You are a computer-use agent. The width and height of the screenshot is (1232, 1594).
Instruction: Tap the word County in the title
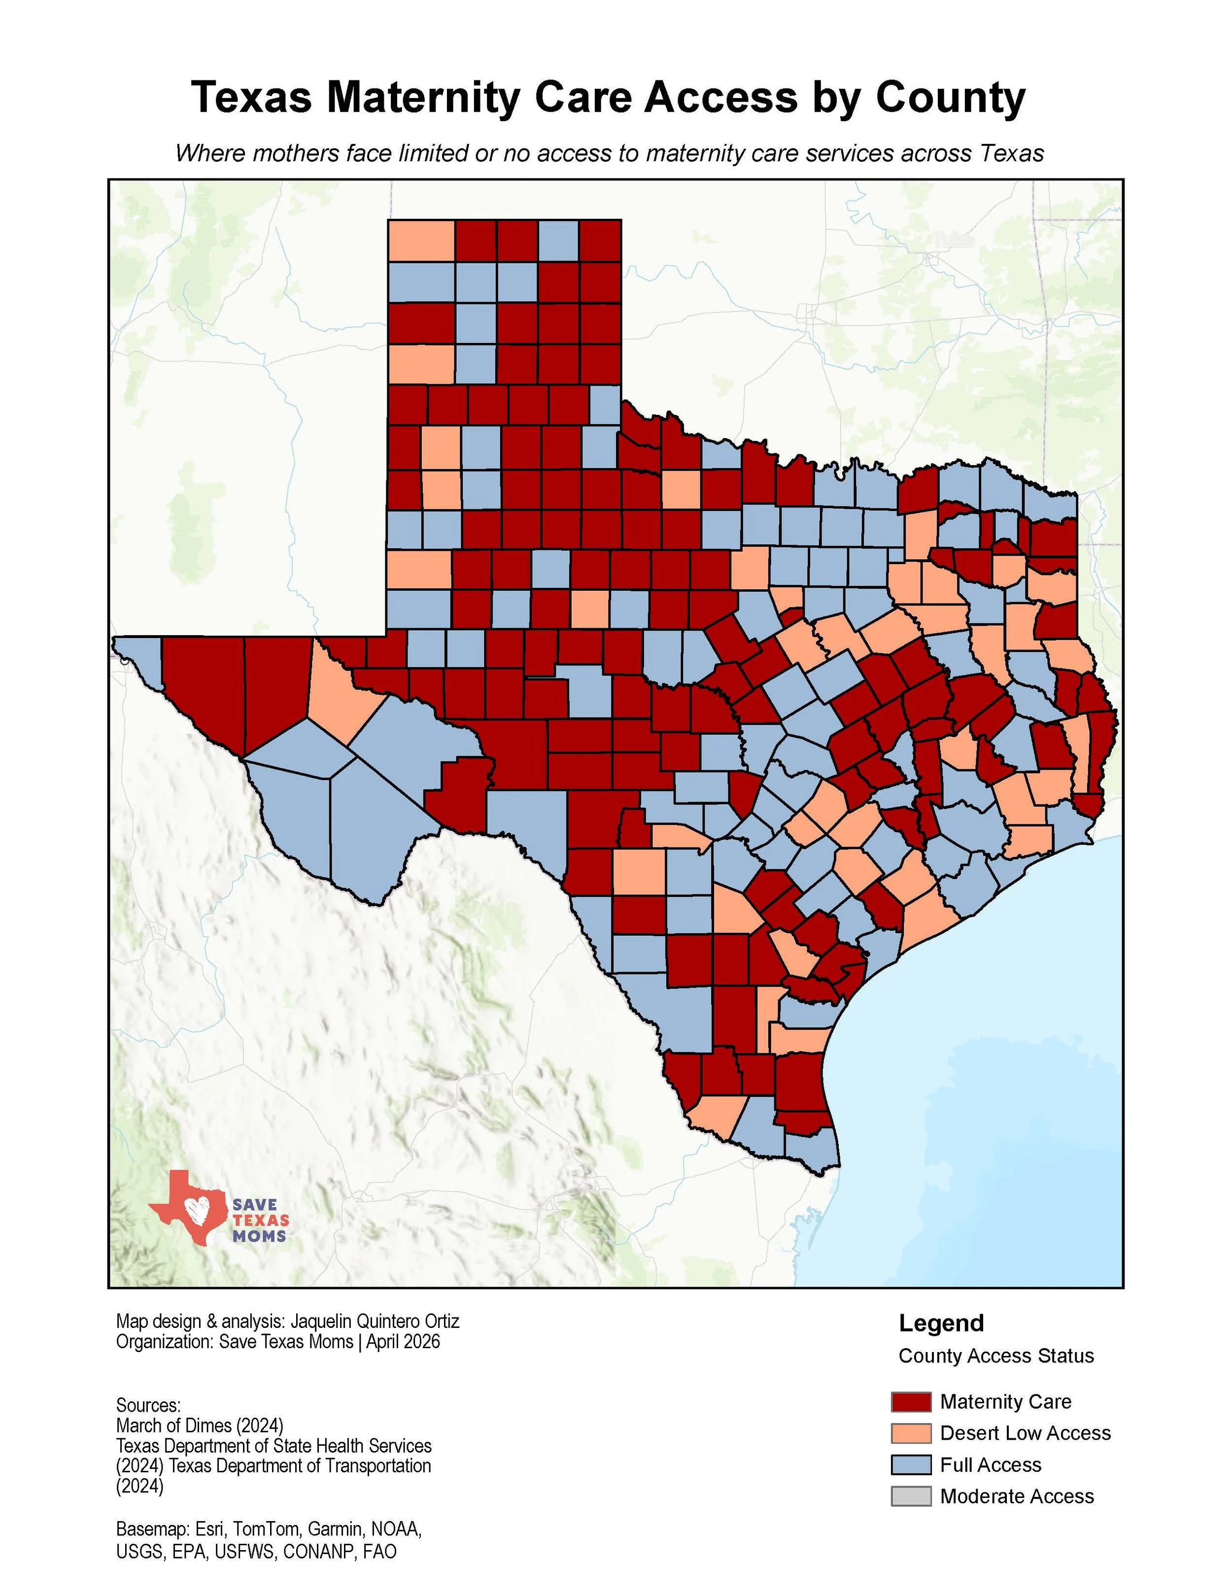click(950, 97)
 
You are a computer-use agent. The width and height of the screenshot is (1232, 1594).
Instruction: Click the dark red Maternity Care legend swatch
click(910, 1401)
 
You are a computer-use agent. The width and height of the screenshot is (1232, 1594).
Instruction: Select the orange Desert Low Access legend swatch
click(910, 1433)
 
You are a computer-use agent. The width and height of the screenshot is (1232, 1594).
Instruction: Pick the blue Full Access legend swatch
click(910, 1465)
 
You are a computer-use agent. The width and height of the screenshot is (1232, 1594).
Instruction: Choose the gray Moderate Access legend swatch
click(910, 1496)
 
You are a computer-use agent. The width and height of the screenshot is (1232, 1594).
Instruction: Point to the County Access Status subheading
click(995, 1356)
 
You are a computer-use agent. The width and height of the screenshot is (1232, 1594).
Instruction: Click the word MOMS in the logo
click(259, 1236)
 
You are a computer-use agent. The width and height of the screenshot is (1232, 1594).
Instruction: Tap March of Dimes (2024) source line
click(199, 1424)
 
